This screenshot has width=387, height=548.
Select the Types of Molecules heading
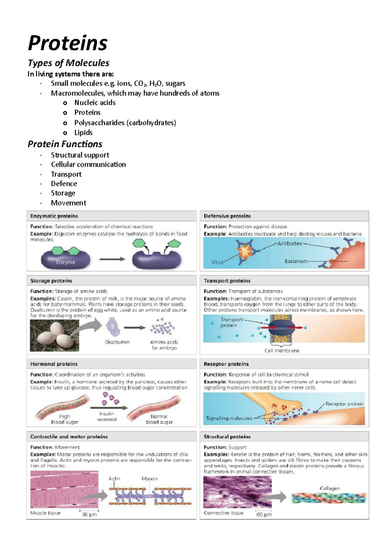pos(68,63)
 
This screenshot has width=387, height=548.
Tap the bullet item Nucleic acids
pos(95,103)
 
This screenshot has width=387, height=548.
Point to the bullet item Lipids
pos(83,133)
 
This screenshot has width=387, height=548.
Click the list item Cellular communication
pos(88,165)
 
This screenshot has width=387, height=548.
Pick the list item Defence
pos(64,184)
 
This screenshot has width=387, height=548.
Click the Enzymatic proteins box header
pos(54,216)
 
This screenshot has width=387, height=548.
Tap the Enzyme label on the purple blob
pos(65,262)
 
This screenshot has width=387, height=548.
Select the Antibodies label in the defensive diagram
pos(290,243)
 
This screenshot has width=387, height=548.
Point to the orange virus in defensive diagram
pos(246,251)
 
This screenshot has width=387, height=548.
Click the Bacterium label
pos(296,261)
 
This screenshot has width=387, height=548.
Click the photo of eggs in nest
pos(55,336)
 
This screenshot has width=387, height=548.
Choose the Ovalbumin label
pos(117,342)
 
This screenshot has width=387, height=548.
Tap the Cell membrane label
pos(282,350)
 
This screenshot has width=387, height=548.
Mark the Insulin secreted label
pos(107,416)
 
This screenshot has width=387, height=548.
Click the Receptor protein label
pos(344,404)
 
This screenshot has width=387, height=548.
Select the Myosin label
pos(149,479)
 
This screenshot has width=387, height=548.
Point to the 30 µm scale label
pos(89,514)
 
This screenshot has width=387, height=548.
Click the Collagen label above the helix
pos(330,488)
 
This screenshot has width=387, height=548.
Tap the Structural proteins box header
pos(227,437)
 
